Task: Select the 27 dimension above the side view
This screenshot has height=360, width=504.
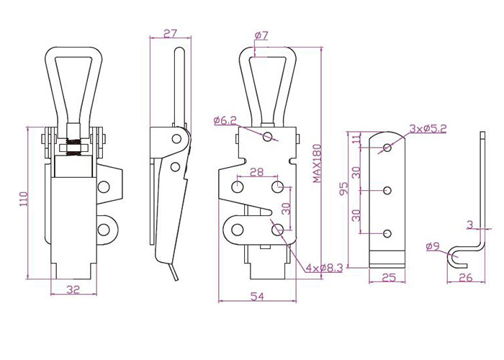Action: point(170,33)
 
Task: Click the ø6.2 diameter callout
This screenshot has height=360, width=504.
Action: point(225,121)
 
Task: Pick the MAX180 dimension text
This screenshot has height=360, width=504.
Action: point(318,163)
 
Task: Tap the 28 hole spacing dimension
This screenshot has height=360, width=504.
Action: point(256,173)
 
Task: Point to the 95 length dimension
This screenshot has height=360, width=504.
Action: point(344,189)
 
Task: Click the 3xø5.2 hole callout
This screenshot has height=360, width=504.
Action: point(428,129)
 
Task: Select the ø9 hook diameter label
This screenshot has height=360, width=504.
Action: point(433,247)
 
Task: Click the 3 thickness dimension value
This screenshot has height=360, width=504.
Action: point(469,225)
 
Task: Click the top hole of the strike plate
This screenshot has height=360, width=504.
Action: point(387,148)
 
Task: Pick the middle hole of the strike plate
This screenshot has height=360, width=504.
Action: point(387,190)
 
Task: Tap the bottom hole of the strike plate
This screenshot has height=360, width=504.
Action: point(387,233)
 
